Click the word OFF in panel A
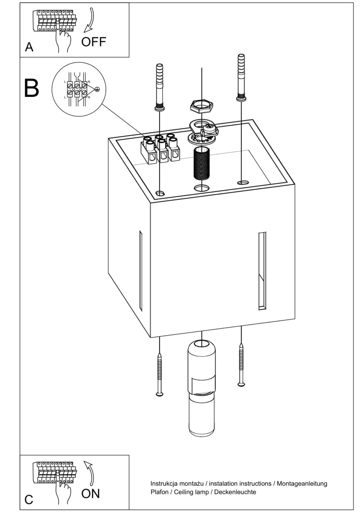(x=94, y=42)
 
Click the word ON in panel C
(x=90, y=494)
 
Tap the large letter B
(x=32, y=88)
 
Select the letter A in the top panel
(x=29, y=47)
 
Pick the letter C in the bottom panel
(x=29, y=500)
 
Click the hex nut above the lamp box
(x=202, y=106)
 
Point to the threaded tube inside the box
(x=202, y=163)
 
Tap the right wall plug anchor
(x=242, y=77)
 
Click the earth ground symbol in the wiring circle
(x=97, y=89)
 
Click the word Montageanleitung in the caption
(x=302, y=484)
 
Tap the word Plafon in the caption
(x=160, y=492)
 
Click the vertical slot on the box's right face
(x=262, y=271)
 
